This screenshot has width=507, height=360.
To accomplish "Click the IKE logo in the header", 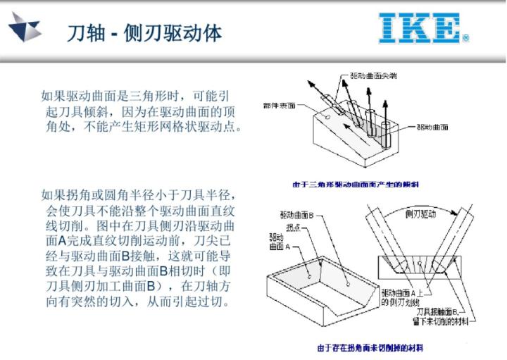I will point(419,27).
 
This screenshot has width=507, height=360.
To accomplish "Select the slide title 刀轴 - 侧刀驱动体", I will point(144,32).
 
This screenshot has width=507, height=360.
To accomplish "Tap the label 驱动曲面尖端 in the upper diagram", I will point(374,75).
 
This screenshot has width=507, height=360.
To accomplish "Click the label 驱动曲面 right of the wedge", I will point(432,128).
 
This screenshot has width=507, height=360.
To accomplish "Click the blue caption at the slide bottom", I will point(370,348).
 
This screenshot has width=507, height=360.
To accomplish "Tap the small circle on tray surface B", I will point(349,280).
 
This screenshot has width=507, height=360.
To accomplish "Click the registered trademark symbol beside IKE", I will point(465,39).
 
